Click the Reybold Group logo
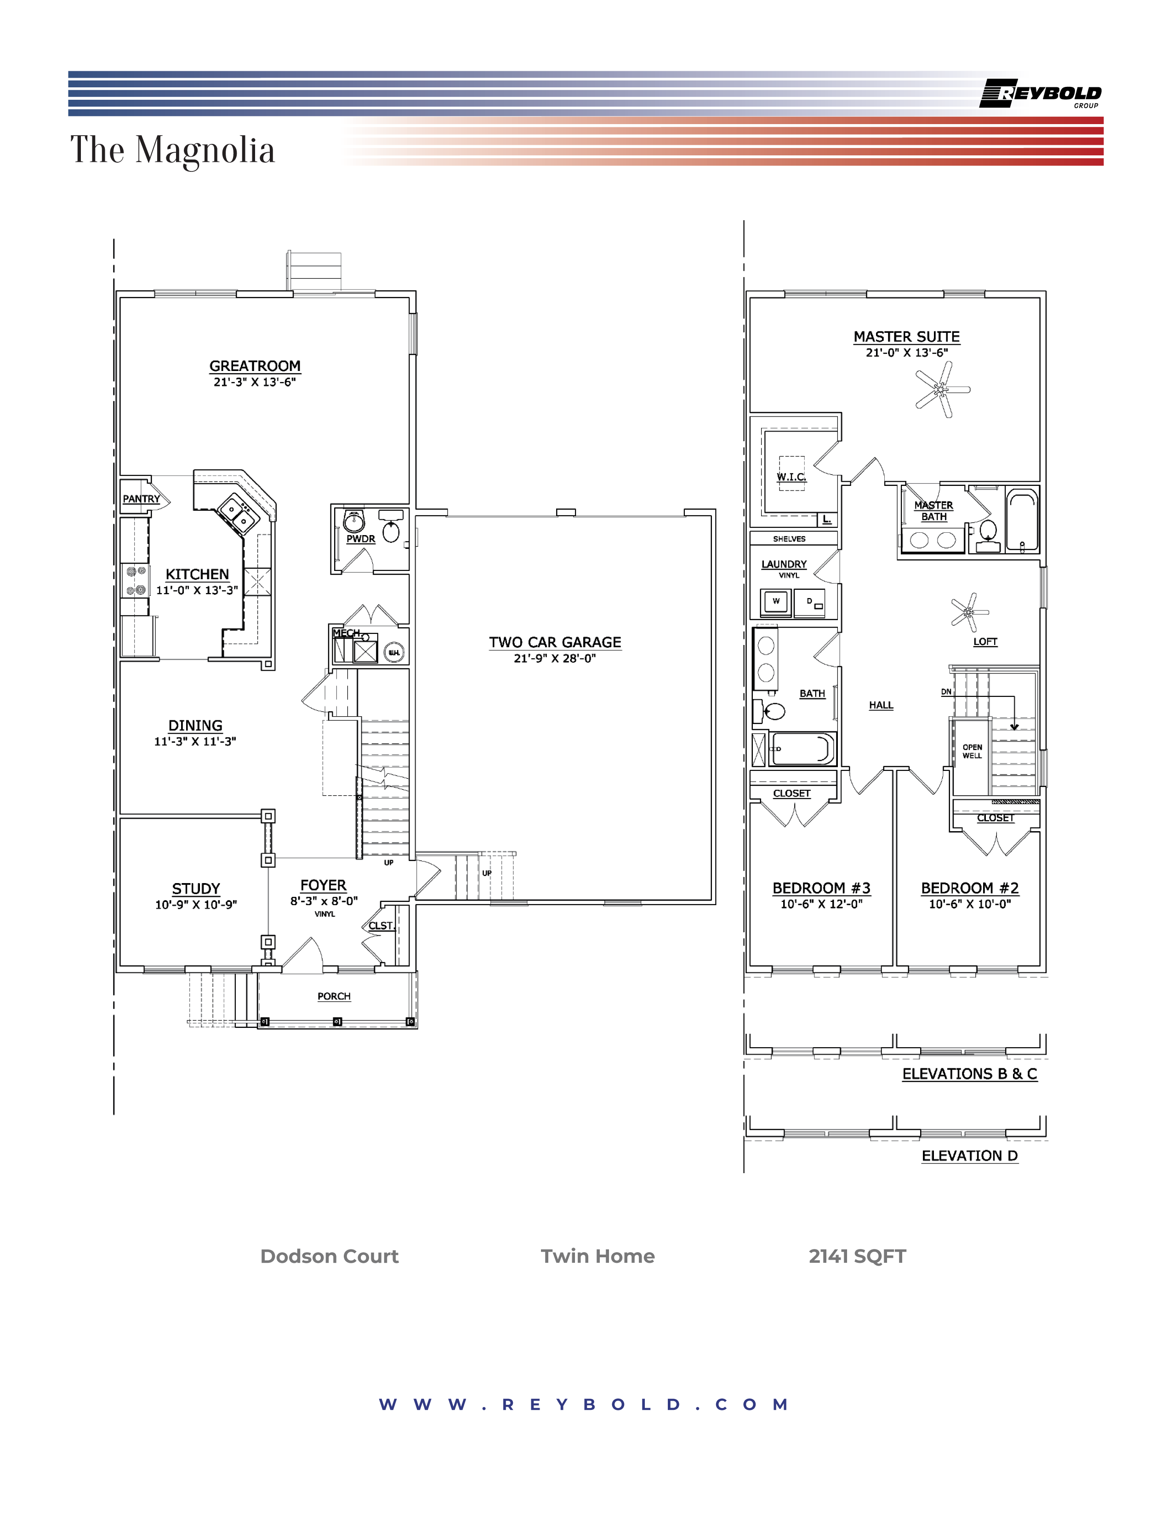(x=1040, y=94)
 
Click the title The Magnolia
(x=172, y=150)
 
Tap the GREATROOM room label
(x=255, y=366)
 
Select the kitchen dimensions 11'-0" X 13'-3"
(x=197, y=590)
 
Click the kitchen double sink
(x=238, y=514)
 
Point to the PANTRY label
(x=141, y=499)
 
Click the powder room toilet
(x=392, y=532)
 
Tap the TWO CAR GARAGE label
(x=555, y=643)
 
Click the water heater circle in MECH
(x=394, y=652)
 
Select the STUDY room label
(x=196, y=889)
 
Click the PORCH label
(x=334, y=996)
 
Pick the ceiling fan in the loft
(x=968, y=612)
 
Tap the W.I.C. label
(x=791, y=477)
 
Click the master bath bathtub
(x=1023, y=521)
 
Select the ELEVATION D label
(x=969, y=1156)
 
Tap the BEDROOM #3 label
(x=821, y=889)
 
